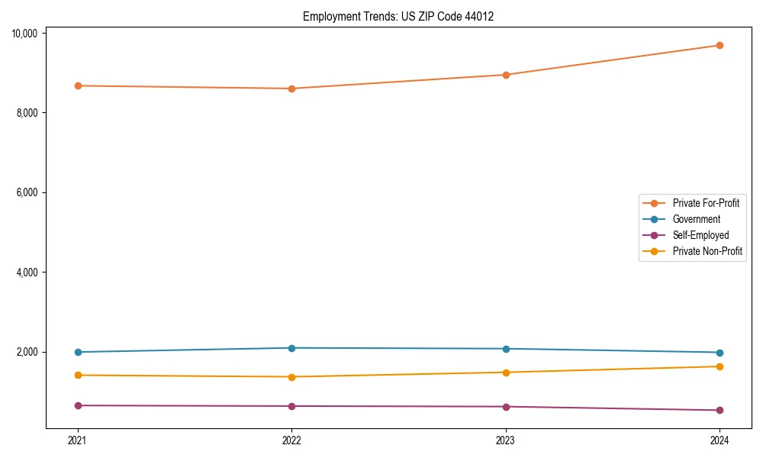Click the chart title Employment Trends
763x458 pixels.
[398, 16]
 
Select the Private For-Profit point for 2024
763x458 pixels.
[720, 45]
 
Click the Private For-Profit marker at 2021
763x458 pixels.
[78, 85]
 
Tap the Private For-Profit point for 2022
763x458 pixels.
[291, 89]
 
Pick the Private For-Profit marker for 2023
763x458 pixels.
[506, 75]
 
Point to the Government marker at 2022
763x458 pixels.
[291, 348]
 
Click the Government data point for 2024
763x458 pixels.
[720, 353]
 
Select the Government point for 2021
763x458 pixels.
[78, 352]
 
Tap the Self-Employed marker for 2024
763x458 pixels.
[720, 410]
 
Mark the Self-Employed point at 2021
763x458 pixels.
[78, 405]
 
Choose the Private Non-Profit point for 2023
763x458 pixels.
[506, 373]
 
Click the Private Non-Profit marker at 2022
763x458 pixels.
[291, 376]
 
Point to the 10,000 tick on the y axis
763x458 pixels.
[26, 33]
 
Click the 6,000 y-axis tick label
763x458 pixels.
[28, 192]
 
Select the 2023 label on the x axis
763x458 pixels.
[506, 440]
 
